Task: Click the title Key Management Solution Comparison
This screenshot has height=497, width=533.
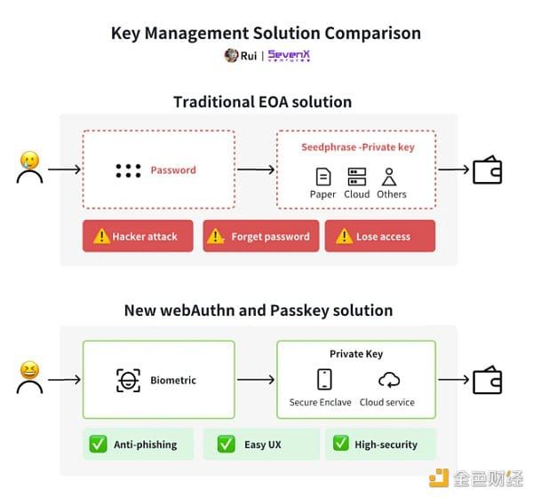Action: pos(266,33)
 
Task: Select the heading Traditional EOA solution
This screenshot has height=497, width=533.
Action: pos(262,101)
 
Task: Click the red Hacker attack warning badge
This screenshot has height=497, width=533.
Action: pos(138,236)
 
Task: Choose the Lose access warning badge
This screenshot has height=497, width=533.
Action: pos(379,236)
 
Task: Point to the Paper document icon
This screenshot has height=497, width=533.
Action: pos(323,177)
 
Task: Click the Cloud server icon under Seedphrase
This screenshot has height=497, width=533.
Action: pos(357,177)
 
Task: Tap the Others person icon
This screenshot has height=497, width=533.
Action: pos(389,177)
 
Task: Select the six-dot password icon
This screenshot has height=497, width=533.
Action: pos(128,170)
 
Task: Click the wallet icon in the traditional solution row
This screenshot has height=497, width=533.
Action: pos(487,170)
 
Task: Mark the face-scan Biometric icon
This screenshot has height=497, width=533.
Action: pos(128,380)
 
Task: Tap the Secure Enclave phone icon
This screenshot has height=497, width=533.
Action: pos(323,380)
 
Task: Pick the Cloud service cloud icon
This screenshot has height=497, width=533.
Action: pos(388,380)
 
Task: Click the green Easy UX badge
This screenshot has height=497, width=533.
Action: pos(261,444)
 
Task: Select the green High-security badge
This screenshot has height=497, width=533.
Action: pos(380,444)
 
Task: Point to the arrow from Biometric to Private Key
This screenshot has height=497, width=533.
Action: pos(256,380)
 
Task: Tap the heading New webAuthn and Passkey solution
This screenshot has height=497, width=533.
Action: pos(258,311)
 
